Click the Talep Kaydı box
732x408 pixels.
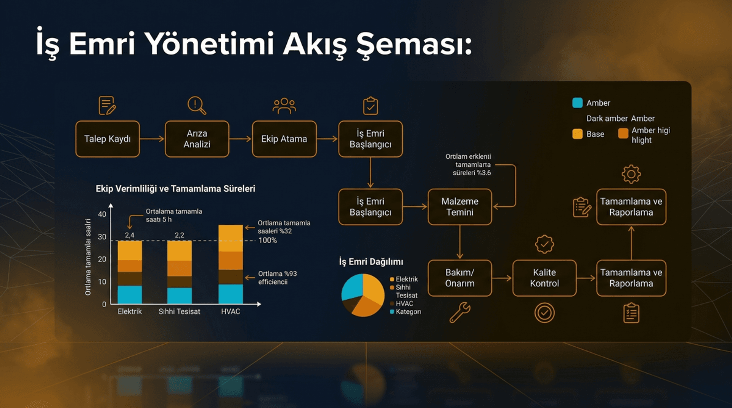pos(108,139)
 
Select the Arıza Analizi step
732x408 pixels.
pos(197,139)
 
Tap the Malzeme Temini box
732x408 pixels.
pos(460,207)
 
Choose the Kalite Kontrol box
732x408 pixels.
pos(544,278)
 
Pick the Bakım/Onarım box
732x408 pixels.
pos(460,278)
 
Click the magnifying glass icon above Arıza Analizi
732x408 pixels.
pos(196,105)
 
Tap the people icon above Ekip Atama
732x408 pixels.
pos(284,106)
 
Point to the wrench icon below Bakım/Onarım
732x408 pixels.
pos(460,313)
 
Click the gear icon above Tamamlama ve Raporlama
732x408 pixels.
pos(631,174)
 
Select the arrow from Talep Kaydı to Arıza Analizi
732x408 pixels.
pos(152,139)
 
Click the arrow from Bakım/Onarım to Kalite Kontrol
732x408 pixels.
pos(502,278)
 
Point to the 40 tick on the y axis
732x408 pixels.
pos(102,214)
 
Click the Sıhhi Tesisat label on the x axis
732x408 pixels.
pos(179,312)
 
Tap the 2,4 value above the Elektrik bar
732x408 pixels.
pos(130,235)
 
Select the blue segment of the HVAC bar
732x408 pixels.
pos(231,294)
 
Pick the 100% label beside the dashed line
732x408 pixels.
pos(268,241)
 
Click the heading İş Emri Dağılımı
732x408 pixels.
pos(371,262)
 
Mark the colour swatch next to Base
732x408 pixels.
pos(577,134)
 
